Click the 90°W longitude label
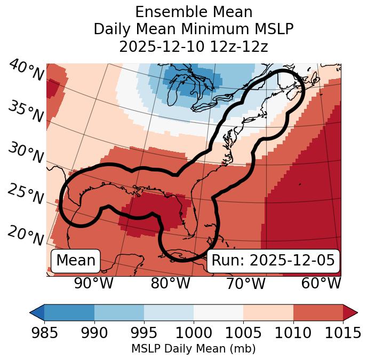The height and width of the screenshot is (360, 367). pyautogui.click(x=93, y=284)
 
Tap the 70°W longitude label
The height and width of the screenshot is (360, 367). pyautogui.click(x=245, y=284)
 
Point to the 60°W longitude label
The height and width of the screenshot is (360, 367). pyautogui.click(x=321, y=284)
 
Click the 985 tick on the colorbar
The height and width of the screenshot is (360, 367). pyautogui.click(x=45, y=333)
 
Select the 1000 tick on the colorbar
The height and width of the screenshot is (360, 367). pyautogui.click(x=194, y=333)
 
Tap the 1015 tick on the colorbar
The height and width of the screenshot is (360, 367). pyautogui.click(x=342, y=333)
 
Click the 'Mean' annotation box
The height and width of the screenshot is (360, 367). pyautogui.click(x=76, y=261)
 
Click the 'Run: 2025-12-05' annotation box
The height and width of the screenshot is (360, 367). pyautogui.click(x=273, y=261)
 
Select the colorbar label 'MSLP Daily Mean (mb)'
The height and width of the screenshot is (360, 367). pyautogui.click(x=194, y=349)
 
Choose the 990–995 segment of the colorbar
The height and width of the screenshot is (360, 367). pyautogui.click(x=119, y=312)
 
